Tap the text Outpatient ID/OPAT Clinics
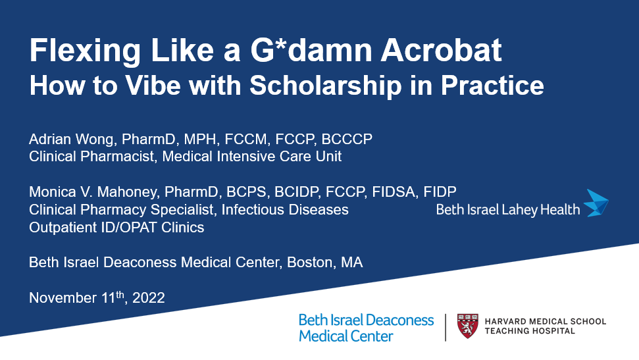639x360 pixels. [x=116, y=227]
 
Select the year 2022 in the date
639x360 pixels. [x=149, y=297]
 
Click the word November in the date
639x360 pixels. [x=63, y=297]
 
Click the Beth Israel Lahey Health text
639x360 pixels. [x=508, y=210]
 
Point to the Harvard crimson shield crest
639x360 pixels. [x=467, y=326]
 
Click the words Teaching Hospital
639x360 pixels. [x=530, y=331]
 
